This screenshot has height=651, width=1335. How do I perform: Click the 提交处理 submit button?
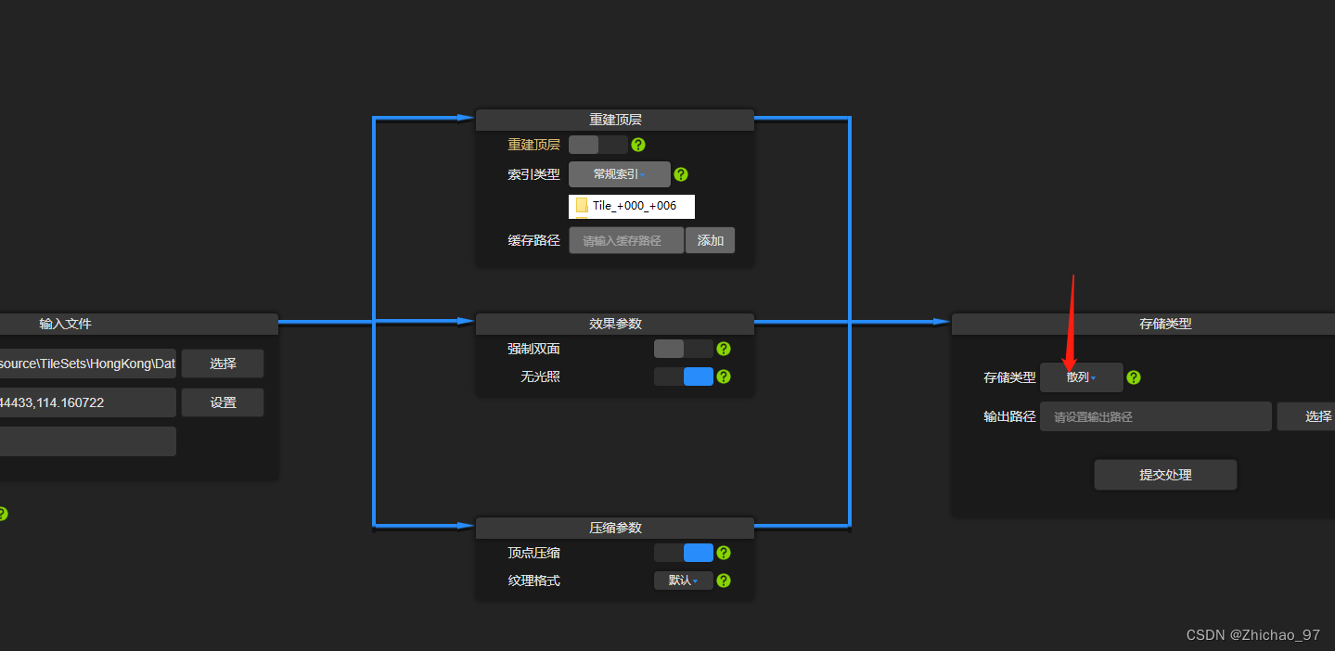1165,475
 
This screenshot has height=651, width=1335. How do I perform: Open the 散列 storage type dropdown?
1081,377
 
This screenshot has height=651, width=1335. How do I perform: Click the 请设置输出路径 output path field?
1155,417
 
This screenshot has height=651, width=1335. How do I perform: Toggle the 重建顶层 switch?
597,145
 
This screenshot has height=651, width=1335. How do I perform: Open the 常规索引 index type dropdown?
619,174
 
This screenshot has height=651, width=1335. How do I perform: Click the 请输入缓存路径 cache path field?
625,241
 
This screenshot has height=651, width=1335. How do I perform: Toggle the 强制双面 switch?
683,349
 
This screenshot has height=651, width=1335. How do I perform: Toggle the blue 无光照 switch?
683,377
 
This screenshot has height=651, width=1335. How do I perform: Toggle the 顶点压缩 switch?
683,553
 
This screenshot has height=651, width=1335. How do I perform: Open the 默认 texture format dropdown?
683,581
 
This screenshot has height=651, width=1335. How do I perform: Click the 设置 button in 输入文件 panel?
223,402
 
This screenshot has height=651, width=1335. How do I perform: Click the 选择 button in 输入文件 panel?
223,364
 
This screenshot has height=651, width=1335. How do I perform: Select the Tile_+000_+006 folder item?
632,206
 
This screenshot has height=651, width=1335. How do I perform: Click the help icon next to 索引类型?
681,174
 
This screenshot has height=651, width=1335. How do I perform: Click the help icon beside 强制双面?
724,349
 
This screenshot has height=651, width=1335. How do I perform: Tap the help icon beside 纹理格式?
724,581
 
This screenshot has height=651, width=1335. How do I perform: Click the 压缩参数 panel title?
615,528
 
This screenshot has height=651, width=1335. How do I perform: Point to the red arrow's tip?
1067,369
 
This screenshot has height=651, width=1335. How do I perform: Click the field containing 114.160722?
87,402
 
